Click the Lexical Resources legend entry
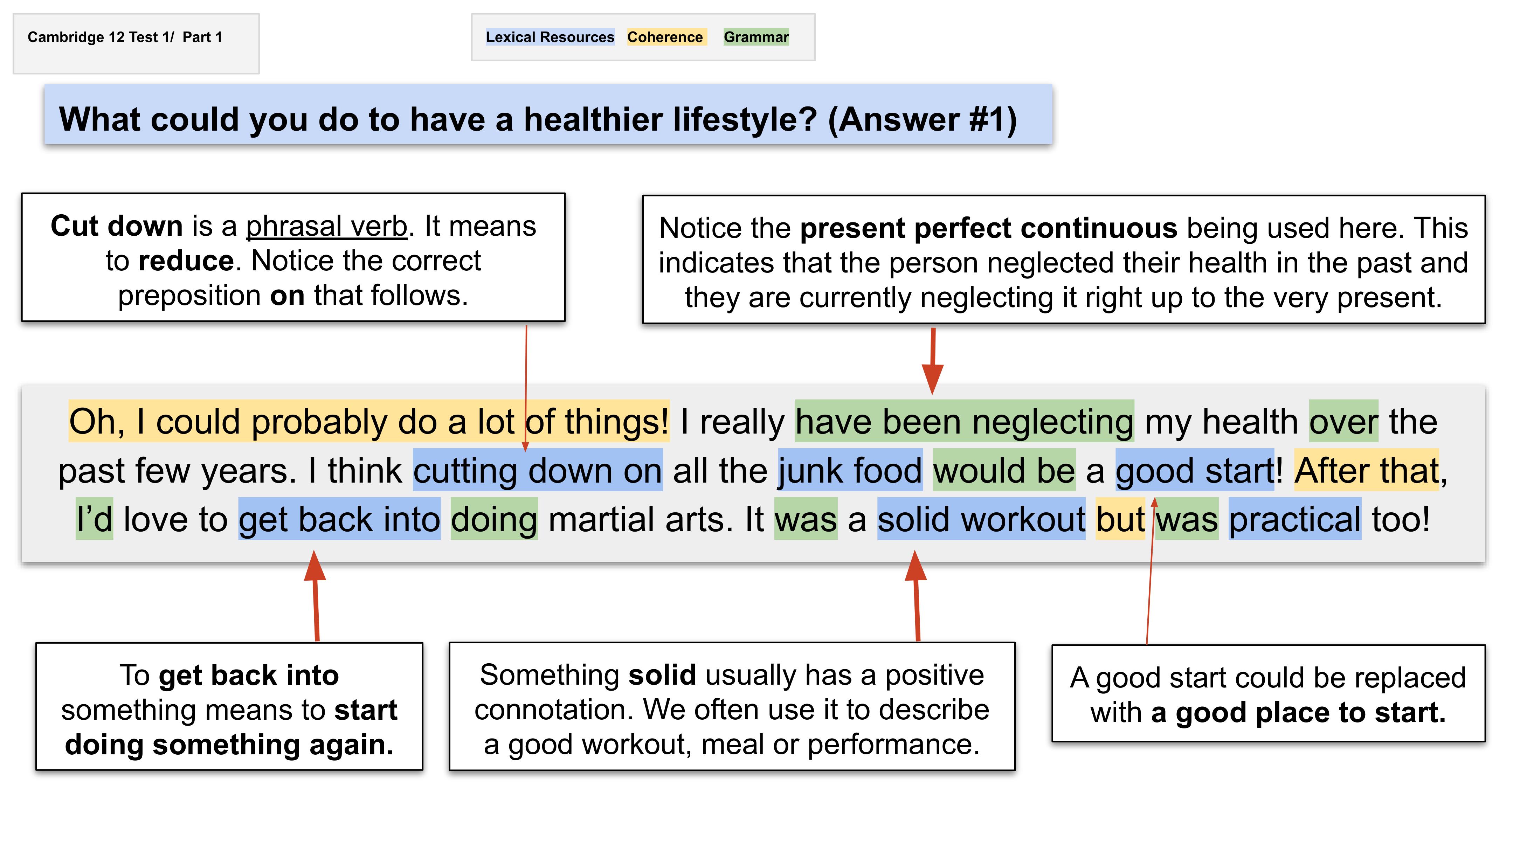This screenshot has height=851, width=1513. point(550,37)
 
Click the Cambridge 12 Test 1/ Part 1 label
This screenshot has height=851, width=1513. point(125,37)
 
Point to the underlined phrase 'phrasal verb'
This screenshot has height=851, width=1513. point(326,227)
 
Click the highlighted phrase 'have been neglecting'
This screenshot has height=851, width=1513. point(964,422)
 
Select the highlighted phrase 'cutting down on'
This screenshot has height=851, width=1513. point(537,470)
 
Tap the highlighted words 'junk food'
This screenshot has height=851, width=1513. point(850,470)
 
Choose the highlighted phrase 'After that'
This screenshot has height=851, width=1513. point(1366,470)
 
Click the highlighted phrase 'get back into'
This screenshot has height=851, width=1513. point(339,519)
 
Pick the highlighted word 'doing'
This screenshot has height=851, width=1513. point(494,519)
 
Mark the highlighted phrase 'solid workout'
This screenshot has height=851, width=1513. point(981,519)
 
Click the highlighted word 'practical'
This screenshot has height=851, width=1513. point(1294,519)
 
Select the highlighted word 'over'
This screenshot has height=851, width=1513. point(1343,422)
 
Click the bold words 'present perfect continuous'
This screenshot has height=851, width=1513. point(988,228)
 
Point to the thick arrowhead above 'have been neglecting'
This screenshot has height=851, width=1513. point(932,377)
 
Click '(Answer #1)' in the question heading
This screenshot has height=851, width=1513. point(922,119)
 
